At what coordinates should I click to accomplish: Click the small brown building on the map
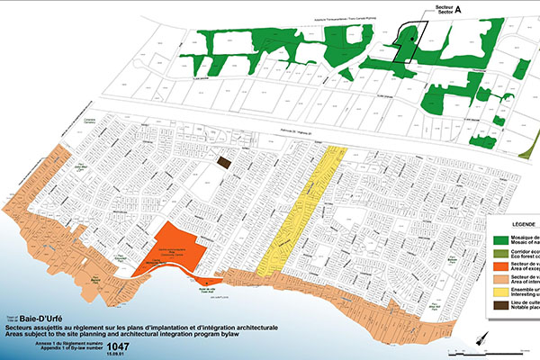click(224, 161)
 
